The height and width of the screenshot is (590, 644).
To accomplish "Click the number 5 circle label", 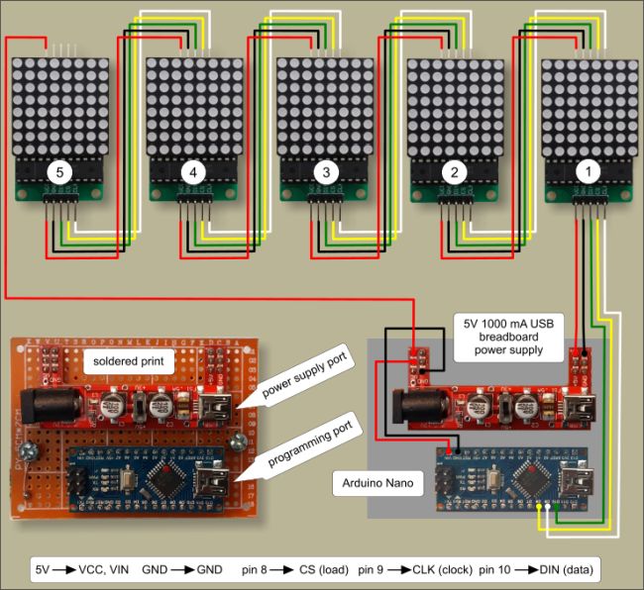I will (x=60, y=172).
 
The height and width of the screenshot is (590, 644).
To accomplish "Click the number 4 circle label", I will (x=192, y=172).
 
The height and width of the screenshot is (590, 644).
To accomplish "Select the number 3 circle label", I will (x=324, y=172).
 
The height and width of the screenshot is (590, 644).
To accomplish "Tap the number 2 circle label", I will (x=455, y=172).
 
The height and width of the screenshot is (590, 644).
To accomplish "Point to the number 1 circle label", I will (x=589, y=172).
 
